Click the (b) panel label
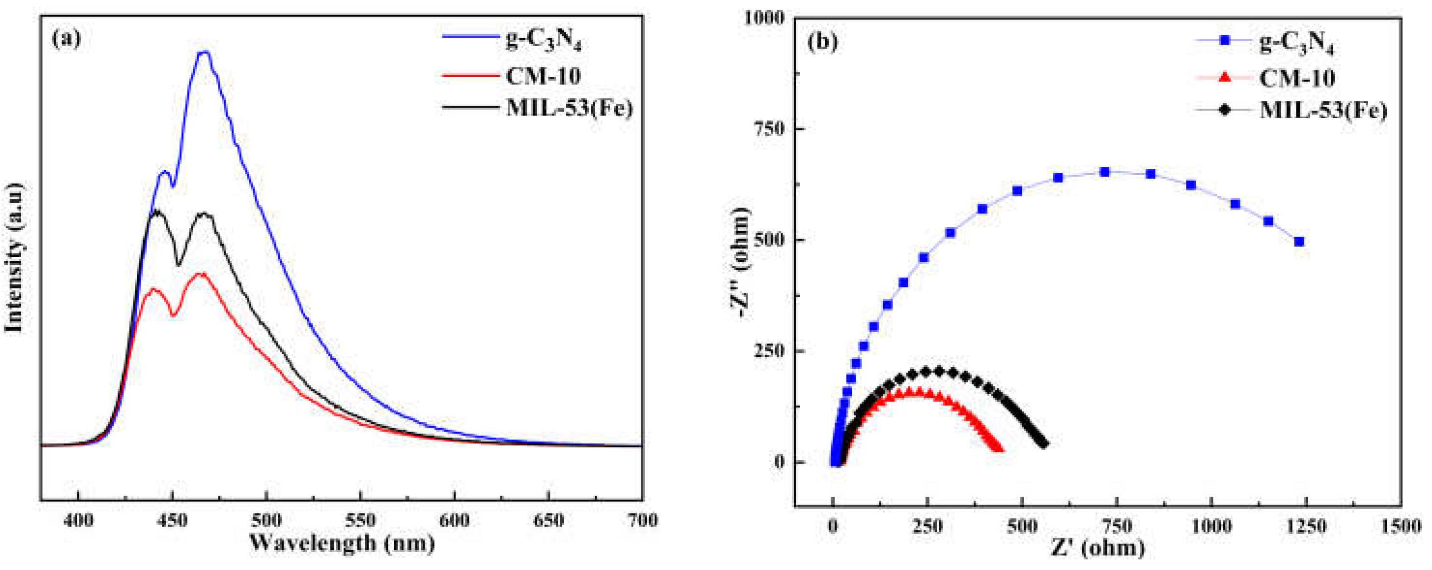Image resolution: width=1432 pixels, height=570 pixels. pyautogui.click(x=822, y=42)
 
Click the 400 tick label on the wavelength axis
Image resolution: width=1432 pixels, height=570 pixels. pyautogui.click(x=78, y=521)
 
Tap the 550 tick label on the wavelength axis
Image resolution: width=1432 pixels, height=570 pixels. pyautogui.click(x=361, y=521)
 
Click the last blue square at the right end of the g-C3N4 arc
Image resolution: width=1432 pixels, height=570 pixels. pyautogui.click(x=1299, y=242)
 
